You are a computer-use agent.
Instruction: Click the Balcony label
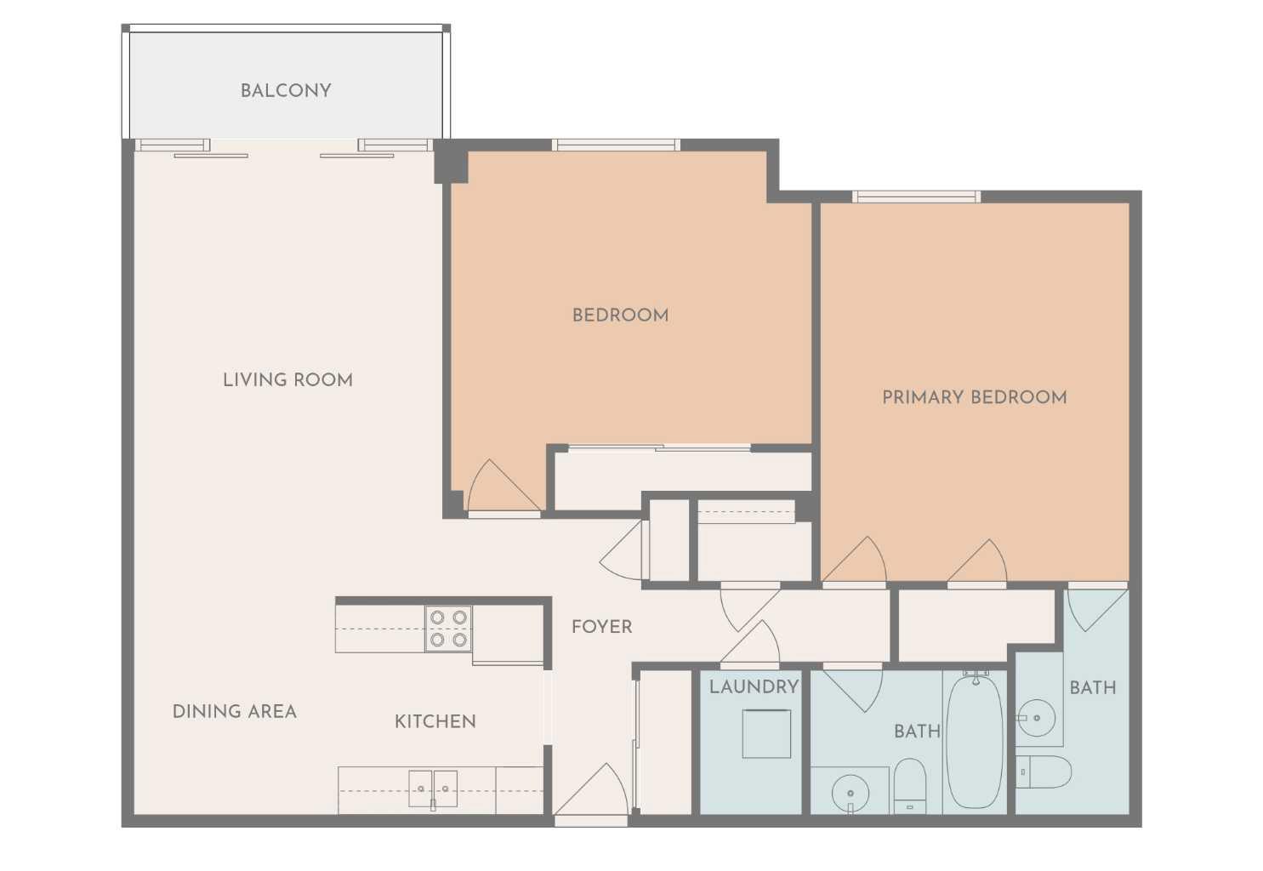coord(286,90)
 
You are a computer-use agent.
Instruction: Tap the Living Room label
coord(287,380)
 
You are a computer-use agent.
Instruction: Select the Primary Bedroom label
coord(974,397)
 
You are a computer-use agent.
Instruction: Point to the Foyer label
coord(601,627)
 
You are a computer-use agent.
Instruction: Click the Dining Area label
coord(235,712)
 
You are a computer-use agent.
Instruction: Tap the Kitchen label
coord(435,721)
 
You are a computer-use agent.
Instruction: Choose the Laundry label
coord(754,686)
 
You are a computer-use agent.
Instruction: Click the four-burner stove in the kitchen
coord(448,629)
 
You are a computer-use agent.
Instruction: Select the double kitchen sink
coord(433,788)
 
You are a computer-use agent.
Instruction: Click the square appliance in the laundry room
coord(766,733)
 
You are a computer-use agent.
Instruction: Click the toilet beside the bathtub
coord(910,787)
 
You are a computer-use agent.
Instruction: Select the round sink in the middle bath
coord(850,794)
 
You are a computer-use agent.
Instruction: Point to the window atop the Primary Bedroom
coord(916,197)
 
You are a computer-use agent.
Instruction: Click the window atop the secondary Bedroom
coord(616,145)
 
